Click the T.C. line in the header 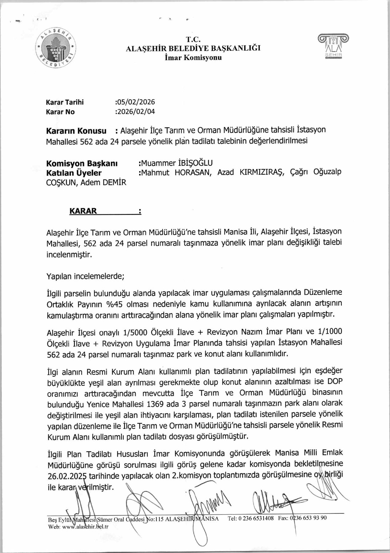click(193, 40)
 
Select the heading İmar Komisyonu click(193, 58)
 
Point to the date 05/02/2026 click(136, 102)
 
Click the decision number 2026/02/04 click(136, 112)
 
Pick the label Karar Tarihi click(65, 102)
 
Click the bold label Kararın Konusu click(76, 131)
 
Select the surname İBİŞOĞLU click(195, 163)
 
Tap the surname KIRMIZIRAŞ click(262, 172)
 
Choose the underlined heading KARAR click(83, 211)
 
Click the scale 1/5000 click(135, 333)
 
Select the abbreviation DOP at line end click(334, 382)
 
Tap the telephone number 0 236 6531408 click(256, 518)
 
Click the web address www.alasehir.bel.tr click(85, 527)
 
